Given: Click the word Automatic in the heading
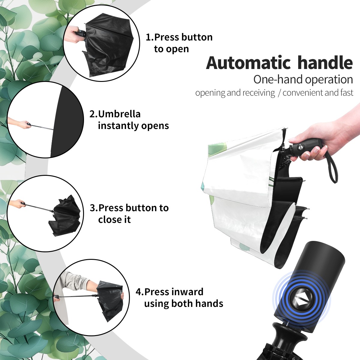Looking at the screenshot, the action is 248,63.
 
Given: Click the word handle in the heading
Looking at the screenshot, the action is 325,63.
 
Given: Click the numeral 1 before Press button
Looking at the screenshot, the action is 148,37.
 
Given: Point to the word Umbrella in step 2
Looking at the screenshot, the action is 119,114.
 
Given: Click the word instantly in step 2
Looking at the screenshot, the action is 118,126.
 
